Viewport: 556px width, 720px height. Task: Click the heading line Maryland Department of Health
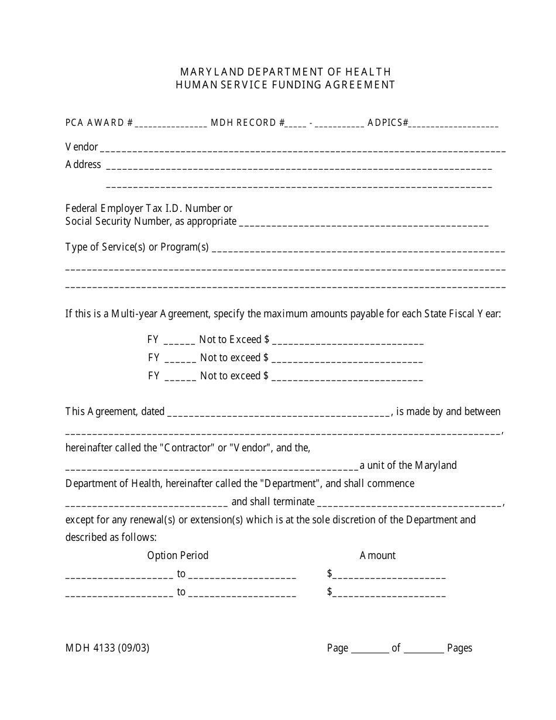tap(286, 71)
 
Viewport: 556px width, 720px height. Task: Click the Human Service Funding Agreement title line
tap(286, 84)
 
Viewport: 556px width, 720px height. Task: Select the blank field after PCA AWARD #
tap(171, 124)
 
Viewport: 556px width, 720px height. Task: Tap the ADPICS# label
tap(387, 123)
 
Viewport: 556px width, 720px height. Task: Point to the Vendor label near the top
tap(81, 147)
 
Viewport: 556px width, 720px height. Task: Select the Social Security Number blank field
tap(364, 222)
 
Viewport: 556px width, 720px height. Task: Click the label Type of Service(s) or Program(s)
tap(137, 247)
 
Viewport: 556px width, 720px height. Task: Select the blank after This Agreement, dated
tap(279, 413)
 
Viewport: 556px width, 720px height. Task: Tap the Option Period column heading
tap(178, 556)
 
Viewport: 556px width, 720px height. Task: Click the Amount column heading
tap(377, 556)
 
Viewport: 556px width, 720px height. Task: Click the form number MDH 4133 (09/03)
tap(107, 648)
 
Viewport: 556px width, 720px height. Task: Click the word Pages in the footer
tap(459, 648)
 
